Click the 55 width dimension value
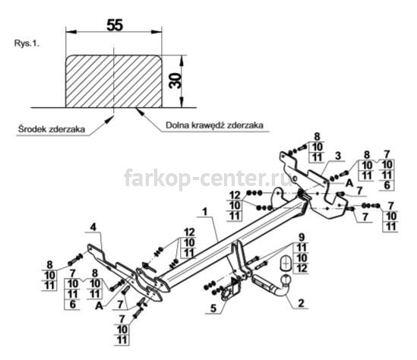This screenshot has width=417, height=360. pos(115,25)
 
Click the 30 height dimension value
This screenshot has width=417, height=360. pos(175,81)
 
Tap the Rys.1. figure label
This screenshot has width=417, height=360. pos(27,43)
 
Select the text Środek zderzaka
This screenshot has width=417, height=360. pos(52,129)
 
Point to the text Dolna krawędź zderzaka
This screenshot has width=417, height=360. pos(215,125)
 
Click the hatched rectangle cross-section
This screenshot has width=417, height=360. pos(114,81)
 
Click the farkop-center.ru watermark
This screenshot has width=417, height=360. pos(208,177)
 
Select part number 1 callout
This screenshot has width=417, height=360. pos(204,212)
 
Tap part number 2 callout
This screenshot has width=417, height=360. pos(301,303)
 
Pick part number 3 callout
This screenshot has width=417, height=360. pos(338,156)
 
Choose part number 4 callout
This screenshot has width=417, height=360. pos(93,227)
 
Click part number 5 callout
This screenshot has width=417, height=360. pos(213,308)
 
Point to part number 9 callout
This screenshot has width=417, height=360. pos(302,237)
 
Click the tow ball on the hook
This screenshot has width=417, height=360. pos(286,279)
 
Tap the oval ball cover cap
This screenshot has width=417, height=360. pos(286,264)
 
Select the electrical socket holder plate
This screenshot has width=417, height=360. pos(230,289)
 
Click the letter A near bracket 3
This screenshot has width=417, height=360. pos(349,183)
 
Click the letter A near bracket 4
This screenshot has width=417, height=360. pos(99,306)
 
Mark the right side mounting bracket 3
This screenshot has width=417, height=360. pos(314,185)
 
